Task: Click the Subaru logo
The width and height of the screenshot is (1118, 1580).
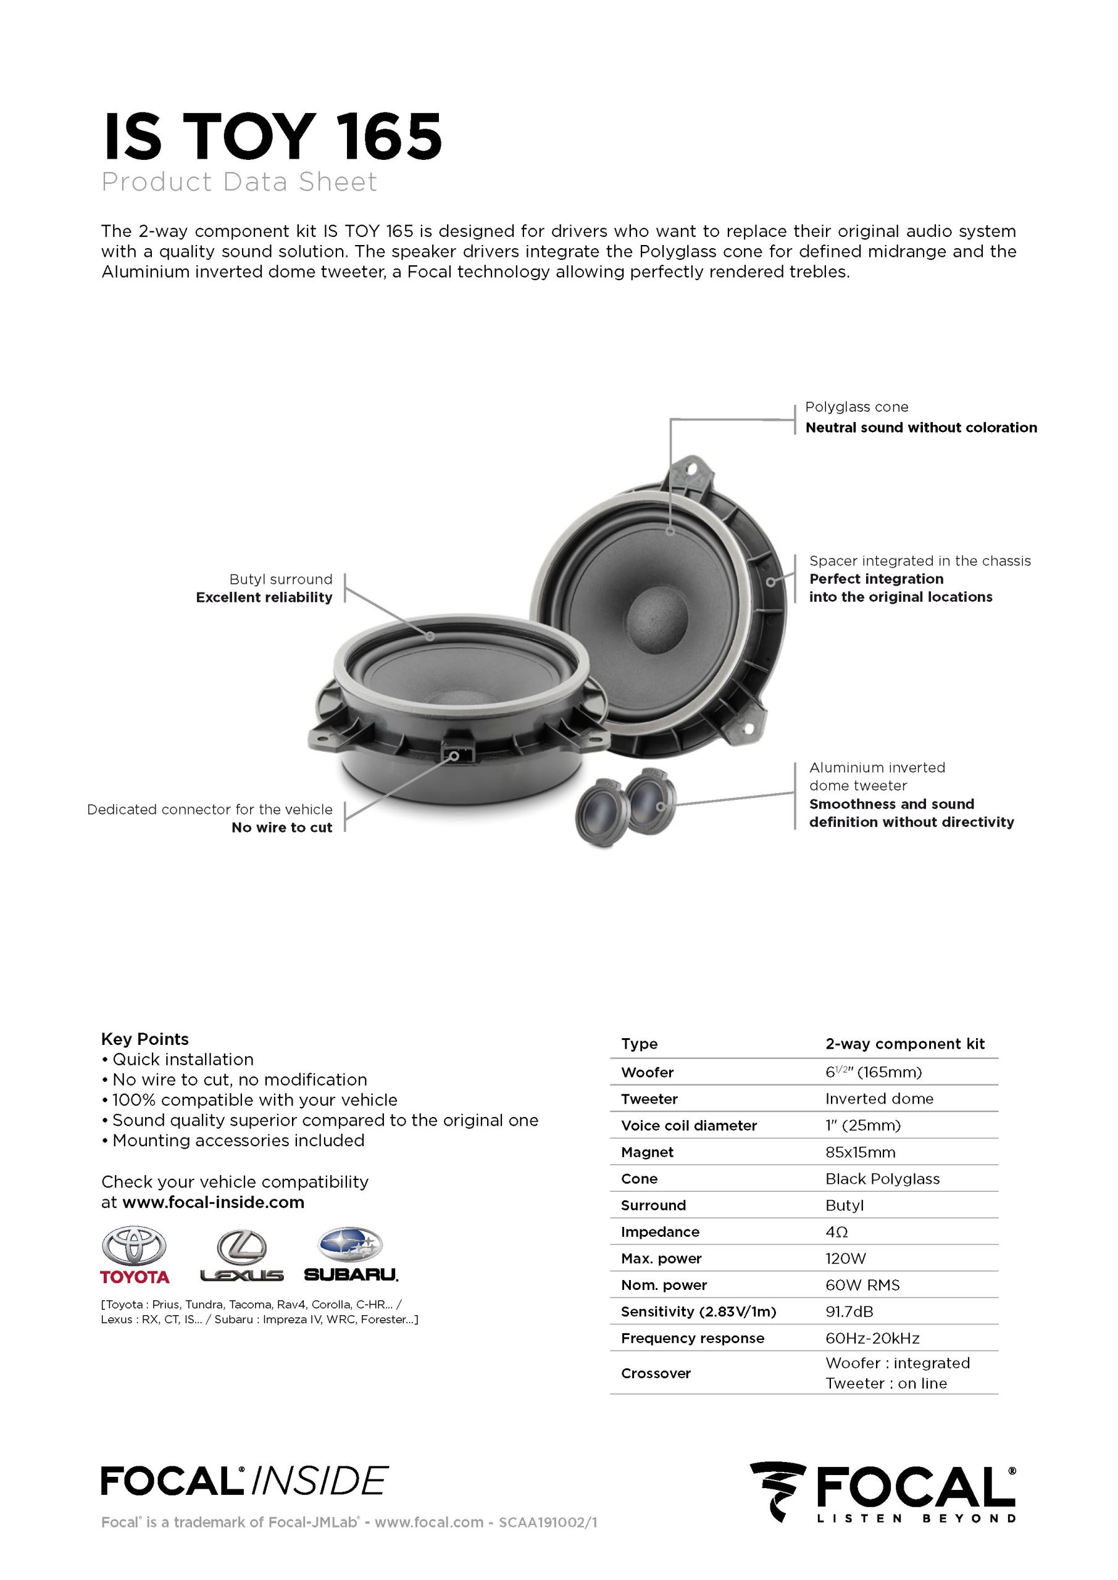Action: [x=351, y=1255]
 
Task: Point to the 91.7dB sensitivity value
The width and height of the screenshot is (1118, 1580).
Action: [x=849, y=1312]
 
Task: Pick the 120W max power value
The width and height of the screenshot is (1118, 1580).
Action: [x=845, y=1258]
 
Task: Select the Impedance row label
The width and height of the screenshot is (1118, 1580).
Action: [x=659, y=1232]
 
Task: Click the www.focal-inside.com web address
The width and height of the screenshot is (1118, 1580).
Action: [x=214, y=1202]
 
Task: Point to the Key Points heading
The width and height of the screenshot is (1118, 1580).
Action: [x=144, y=1039]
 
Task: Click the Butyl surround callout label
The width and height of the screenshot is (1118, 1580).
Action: [x=281, y=580]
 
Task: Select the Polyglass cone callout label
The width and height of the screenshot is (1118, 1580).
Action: [x=856, y=407]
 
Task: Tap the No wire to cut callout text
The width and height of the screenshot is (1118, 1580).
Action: [x=282, y=827]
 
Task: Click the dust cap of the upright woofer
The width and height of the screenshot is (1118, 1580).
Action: [x=657, y=615]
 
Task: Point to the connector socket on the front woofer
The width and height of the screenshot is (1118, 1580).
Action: [x=454, y=754]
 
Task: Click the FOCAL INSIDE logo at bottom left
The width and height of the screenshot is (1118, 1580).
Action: [x=244, y=1481]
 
